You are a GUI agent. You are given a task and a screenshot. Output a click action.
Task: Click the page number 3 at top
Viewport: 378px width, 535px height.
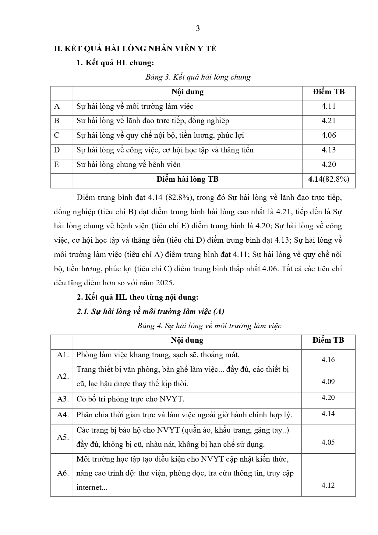(198, 29)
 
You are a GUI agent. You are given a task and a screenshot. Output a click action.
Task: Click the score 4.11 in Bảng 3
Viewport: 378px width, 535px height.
(328, 106)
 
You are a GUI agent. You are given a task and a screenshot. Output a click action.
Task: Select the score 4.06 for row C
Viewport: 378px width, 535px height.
(328, 135)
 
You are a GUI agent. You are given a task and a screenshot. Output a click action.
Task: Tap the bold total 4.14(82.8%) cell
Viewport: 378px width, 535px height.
(328, 179)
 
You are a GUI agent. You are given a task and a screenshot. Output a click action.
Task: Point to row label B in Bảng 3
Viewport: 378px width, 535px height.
(57, 121)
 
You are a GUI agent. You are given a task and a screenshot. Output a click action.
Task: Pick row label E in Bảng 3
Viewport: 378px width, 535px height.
(56, 165)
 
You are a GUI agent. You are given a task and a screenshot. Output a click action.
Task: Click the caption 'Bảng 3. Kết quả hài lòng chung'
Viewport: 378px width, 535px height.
(198, 77)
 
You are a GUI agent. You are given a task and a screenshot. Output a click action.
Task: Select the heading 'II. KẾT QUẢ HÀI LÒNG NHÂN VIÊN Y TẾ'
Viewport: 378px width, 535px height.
(135, 49)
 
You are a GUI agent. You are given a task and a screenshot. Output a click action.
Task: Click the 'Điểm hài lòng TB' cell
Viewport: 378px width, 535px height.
(187, 179)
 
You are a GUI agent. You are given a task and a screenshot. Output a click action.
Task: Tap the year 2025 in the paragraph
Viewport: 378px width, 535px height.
(164, 283)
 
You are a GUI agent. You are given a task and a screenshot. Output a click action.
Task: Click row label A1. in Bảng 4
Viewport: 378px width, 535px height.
(63, 355)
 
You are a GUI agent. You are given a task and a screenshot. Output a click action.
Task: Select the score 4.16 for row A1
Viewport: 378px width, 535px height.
(328, 360)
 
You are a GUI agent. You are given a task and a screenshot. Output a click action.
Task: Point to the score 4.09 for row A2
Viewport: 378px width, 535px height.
(328, 382)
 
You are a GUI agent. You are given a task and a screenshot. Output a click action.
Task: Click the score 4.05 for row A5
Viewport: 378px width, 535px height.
(328, 442)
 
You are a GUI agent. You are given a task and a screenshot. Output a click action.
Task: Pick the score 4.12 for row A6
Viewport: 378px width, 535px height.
(328, 485)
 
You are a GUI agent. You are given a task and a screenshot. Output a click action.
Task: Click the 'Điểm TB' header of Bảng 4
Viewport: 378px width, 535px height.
(328, 340)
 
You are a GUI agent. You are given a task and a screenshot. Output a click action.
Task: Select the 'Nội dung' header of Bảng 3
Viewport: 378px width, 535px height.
(187, 92)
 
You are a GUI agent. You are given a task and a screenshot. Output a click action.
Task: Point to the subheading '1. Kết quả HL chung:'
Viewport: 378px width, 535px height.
(115, 63)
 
